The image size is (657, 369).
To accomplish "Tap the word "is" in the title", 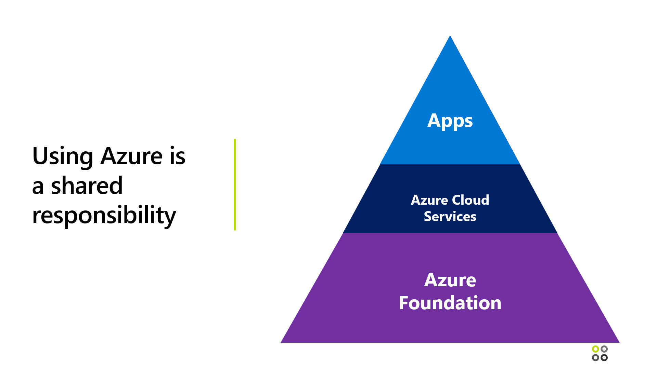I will (178, 156).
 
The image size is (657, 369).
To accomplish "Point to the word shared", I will (87, 186).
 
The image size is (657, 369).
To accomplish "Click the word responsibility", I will (104, 216).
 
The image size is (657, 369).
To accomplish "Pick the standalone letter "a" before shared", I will (38, 187).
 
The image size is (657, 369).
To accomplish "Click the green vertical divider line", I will (235, 184).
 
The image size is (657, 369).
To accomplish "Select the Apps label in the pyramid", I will (450, 121).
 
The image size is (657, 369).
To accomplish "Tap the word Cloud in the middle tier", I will (471, 200).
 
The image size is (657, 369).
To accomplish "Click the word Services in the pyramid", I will (450, 217).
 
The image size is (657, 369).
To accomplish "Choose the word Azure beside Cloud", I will (429, 200).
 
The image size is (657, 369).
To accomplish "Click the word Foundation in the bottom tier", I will (450, 303).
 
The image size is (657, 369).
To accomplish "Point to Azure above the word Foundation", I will (450, 280).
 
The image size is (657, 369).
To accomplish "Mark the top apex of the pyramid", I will (450, 36).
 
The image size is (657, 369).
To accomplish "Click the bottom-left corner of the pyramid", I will (282, 342).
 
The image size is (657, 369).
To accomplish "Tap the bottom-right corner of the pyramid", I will (618, 342).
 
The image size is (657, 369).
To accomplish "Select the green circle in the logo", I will (595, 349).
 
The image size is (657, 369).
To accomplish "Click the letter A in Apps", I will (434, 120).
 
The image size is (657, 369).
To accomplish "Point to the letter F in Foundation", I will (404, 303).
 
